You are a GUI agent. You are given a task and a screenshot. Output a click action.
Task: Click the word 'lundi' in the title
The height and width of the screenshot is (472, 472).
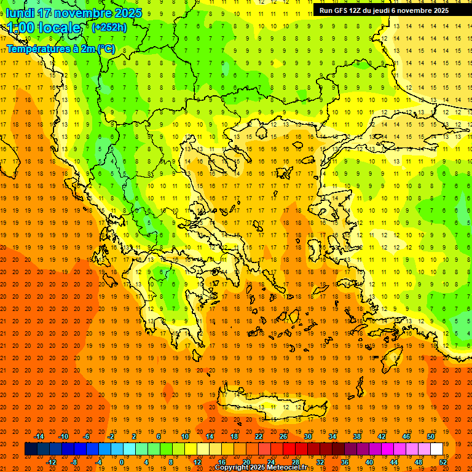click(x=20, y=13)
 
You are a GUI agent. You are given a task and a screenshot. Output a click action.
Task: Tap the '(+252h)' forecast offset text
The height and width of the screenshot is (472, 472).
click(x=109, y=27)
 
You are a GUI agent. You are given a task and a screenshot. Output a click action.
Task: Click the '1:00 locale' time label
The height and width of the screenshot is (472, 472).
click(x=44, y=28)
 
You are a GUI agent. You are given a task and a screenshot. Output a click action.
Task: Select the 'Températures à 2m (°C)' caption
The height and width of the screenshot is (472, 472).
click(x=60, y=49)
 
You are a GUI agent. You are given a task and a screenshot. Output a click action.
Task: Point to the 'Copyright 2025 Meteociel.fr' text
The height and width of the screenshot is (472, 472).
click(x=261, y=467)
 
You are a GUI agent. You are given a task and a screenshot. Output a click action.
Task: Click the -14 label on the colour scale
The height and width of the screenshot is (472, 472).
click(x=41, y=436)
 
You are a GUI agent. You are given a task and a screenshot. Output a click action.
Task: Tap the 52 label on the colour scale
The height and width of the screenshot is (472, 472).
click(x=443, y=462)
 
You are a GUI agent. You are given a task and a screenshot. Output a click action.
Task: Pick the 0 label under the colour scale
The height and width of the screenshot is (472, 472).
click(x=121, y=462)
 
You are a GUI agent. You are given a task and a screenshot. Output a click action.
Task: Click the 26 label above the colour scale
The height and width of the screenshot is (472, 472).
click(x=283, y=436)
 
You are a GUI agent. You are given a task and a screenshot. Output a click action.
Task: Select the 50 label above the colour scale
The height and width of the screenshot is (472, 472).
click(x=430, y=436)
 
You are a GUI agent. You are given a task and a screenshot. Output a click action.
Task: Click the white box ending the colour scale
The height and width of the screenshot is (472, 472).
click(x=436, y=449)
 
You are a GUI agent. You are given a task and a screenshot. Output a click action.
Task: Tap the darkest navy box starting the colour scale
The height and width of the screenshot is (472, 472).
click(x=31, y=449)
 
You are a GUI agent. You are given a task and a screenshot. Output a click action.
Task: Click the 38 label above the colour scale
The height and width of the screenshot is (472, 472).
click(x=357, y=436)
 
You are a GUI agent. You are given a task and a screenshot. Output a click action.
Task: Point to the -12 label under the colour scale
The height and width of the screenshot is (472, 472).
click(x=52, y=462)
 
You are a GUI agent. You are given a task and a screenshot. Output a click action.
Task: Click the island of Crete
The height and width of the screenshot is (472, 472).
click(x=270, y=407)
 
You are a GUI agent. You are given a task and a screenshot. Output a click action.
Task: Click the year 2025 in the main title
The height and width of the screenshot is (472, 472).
click(x=125, y=13)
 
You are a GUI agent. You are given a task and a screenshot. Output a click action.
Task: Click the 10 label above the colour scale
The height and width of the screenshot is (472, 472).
click(x=185, y=436)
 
